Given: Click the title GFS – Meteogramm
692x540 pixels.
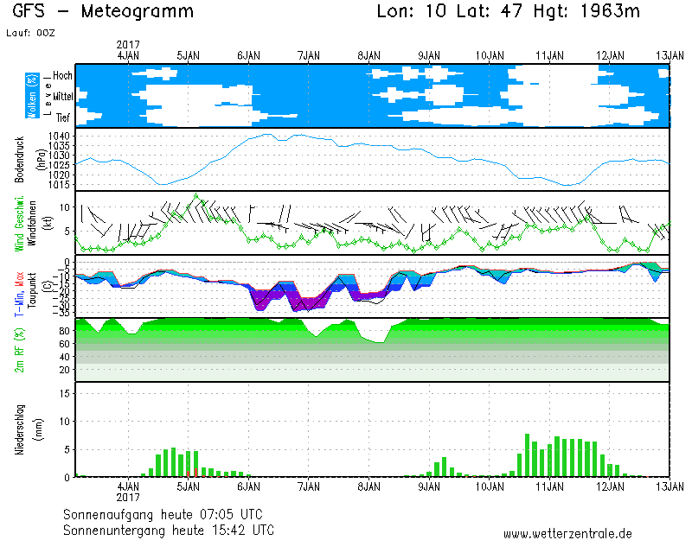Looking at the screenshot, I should [x=104, y=11].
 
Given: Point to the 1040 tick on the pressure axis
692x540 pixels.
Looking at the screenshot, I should [x=60, y=137].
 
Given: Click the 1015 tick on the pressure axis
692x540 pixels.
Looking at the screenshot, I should [x=60, y=184].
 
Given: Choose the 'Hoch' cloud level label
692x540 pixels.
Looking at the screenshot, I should [x=62, y=75].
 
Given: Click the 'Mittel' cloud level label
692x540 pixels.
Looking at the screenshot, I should [x=61, y=96].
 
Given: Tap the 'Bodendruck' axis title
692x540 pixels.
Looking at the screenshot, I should [x=19, y=159].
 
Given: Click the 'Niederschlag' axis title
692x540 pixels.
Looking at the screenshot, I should [x=19, y=429].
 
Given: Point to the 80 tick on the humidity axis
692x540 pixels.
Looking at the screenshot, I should [x=64, y=330].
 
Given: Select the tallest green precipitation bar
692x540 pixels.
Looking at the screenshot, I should [x=527, y=455].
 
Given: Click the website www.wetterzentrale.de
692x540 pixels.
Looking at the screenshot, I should [x=567, y=533].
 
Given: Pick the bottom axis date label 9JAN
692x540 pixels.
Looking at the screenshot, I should [x=429, y=487].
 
